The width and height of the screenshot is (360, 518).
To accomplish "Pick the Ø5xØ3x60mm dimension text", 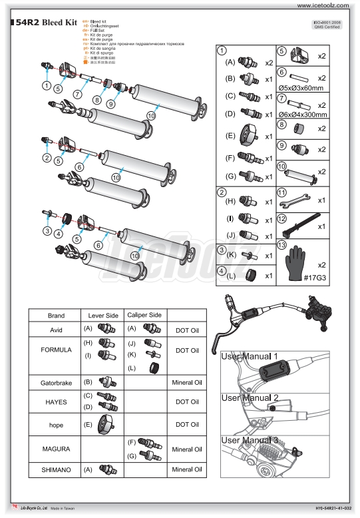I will (301, 87).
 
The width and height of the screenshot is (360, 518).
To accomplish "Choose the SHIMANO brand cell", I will (55, 469).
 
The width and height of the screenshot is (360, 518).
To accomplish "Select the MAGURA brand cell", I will (55, 447).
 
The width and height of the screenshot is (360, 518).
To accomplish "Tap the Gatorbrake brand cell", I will (55, 382).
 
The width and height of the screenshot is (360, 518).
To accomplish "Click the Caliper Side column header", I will (144, 315).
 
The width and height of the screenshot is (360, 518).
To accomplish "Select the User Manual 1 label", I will (249, 357).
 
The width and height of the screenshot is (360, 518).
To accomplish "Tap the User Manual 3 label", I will (249, 441).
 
